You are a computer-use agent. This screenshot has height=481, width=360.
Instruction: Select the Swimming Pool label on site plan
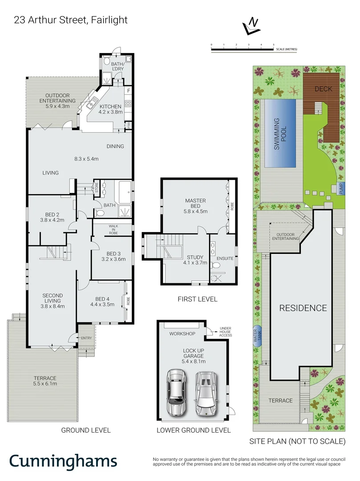280,133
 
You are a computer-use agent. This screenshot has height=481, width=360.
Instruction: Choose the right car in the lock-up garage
205,392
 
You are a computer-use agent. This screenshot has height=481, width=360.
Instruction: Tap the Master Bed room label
195,204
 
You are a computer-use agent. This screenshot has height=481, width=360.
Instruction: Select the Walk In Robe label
113,229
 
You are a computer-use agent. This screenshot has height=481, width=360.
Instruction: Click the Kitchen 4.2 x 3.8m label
110,110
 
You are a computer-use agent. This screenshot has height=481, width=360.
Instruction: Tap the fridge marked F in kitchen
129,91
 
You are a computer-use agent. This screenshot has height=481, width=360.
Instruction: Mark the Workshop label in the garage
182,334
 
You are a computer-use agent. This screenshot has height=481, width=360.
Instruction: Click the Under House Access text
224,332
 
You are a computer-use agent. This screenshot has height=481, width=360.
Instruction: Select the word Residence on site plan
303,308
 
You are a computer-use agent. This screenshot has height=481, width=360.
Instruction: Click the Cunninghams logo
63,461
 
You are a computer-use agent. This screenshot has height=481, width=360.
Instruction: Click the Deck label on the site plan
324,89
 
